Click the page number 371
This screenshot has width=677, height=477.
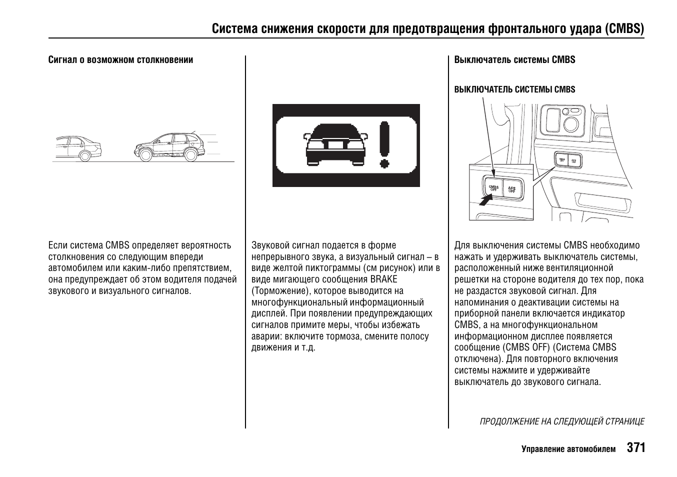[635, 447]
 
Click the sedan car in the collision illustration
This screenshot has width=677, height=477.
[78, 148]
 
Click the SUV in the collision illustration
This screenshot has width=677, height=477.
[169, 147]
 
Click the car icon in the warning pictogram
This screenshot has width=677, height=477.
[335, 144]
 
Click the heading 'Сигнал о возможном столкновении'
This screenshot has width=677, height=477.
[120, 60]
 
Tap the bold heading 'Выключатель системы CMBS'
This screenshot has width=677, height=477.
[514, 60]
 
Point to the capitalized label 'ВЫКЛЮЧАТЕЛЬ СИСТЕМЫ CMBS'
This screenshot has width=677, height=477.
[514, 89]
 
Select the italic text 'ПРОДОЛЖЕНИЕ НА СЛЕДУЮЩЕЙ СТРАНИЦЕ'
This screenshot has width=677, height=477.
[561, 421]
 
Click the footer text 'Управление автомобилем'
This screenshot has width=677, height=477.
[568, 449]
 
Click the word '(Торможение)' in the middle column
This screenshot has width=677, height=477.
[278, 291]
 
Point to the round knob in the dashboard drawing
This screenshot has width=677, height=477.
[571, 122]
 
